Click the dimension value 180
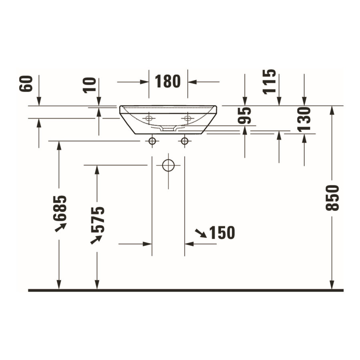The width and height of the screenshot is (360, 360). tap(168, 82)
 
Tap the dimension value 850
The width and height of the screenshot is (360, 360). tap(332, 198)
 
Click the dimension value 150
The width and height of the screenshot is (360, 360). tap(222, 233)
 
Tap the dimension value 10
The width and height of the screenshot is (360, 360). tap(92, 84)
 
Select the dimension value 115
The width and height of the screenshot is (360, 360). tap(270, 81)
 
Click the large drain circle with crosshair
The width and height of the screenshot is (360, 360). tap(168, 165)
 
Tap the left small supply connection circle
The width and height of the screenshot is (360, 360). tap(152, 141)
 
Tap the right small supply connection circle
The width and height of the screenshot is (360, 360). tap(184, 141)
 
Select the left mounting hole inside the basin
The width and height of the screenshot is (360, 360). tap(149, 118)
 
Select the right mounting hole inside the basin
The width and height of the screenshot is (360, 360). tap(187, 118)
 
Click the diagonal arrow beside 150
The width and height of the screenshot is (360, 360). tap(201, 233)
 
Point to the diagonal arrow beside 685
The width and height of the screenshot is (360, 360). tap(60, 227)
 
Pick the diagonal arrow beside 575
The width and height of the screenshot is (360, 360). tap(96, 239)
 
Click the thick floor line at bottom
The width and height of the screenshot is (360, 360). tap(186, 290)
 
